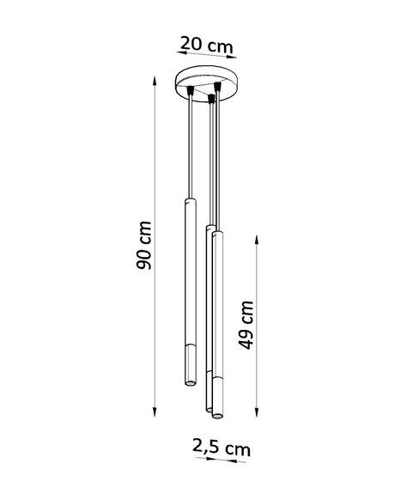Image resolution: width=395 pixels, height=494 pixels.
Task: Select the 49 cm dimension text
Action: click(x=246, y=324)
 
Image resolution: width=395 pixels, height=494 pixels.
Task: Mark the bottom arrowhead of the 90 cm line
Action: click(x=155, y=410)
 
